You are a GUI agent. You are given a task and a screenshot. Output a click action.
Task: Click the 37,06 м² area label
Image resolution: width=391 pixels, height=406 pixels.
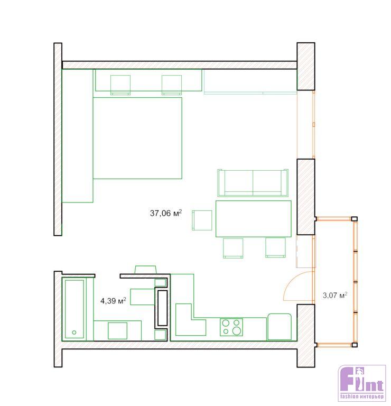click(x=166, y=213)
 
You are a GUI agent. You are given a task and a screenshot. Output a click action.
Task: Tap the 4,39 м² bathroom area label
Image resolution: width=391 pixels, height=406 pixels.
click(x=113, y=301)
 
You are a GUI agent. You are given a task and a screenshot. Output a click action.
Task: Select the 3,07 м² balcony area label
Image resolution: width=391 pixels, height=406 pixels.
click(x=335, y=295)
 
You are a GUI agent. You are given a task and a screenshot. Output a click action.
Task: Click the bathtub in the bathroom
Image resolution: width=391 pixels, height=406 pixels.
click(x=75, y=309)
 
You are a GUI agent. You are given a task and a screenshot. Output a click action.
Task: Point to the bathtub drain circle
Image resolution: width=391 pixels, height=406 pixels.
click(x=75, y=332)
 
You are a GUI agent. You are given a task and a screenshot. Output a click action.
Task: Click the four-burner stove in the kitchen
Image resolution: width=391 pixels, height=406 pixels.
click(x=231, y=327)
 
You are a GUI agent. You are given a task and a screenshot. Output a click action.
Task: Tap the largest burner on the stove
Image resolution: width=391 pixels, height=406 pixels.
click(x=237, y=330)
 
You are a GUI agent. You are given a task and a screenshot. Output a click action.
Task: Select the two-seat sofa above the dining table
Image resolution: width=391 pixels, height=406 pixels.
click(x=253, y=183)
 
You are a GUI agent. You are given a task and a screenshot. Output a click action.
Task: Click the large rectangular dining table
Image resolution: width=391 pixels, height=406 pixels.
click(x=253, y=218)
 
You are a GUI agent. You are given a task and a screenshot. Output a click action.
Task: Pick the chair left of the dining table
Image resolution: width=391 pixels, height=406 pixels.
click(x=202, y=220)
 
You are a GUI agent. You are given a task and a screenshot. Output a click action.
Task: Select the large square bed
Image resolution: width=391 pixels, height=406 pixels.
click(x=137, y=138)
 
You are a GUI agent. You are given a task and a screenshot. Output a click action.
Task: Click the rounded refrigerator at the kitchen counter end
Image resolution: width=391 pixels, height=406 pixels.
click(x=280, y=327)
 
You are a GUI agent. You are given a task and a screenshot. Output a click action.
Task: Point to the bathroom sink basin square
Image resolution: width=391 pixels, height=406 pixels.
click(x=117, y=330)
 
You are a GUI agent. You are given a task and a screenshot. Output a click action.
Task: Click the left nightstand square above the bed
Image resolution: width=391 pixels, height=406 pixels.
click(x=120, y=85)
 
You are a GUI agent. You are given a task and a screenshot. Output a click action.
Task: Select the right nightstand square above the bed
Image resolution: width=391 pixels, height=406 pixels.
click(x=172, y=85)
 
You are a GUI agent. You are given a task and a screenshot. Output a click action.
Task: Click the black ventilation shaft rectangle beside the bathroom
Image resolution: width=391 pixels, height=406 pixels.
click(x=163, y=308)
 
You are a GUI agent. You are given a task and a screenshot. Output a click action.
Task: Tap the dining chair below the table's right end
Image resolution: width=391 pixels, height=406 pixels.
click(x=276, y=248)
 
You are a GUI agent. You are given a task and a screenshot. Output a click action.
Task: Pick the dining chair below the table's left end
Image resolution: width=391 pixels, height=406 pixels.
click(x=233, y=248)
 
